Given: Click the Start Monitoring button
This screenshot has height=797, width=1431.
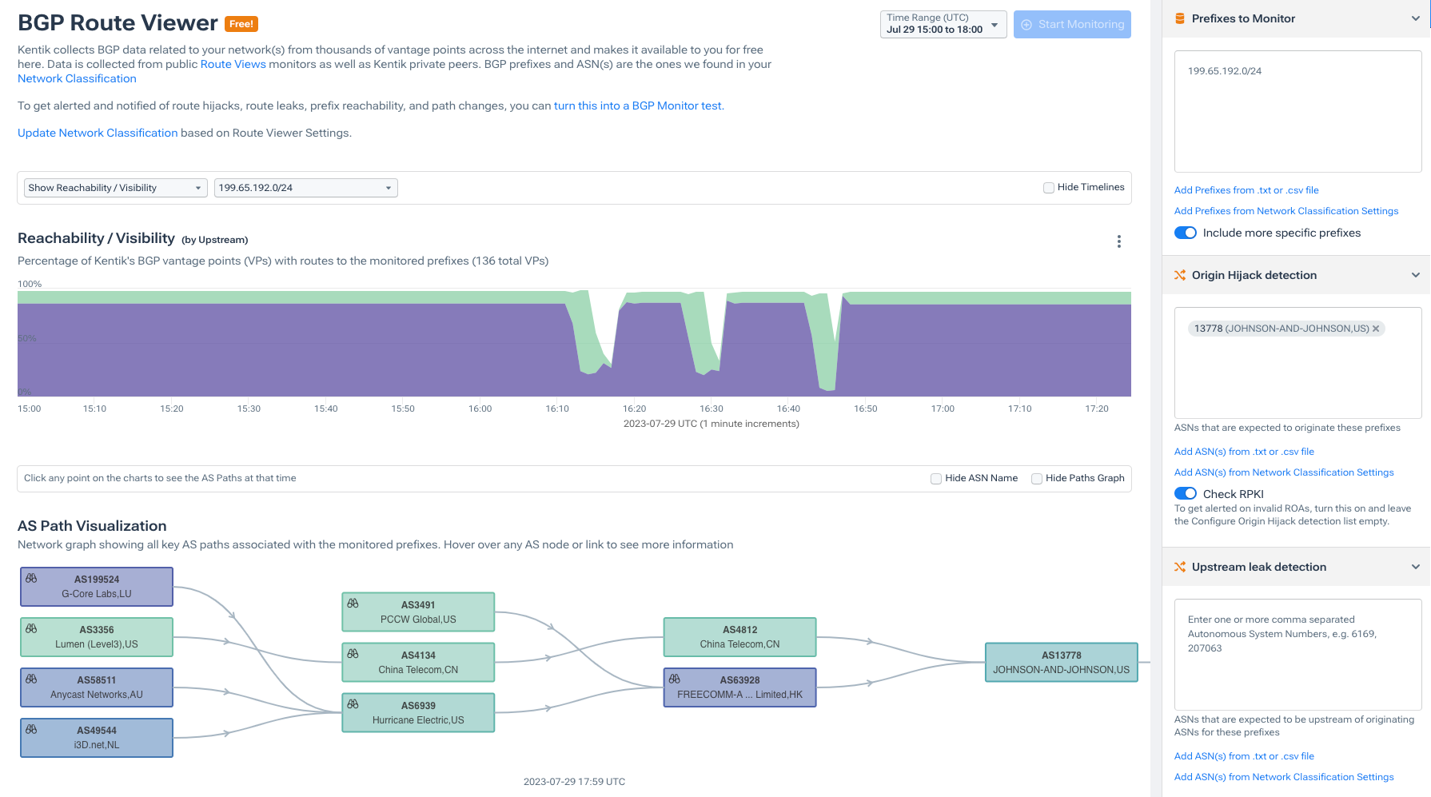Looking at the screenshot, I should [x=1072, y=25].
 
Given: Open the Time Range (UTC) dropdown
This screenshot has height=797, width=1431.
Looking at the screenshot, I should [x=943, y=24].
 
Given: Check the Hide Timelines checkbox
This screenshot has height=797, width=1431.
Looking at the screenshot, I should [x=1049, y=188].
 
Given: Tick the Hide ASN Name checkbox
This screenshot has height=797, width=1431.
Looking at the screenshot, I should [x=936, y=479].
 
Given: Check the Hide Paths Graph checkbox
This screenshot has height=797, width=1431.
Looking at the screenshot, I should [x=1037, y=479].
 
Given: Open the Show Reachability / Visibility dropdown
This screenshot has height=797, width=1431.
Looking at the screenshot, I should [x=115, y=188].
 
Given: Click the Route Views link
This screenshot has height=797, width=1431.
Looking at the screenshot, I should [x=233, y=65].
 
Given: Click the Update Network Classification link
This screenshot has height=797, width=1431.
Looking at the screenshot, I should [x=98, y=133].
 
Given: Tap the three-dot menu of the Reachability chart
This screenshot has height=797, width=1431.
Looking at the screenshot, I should [x=1119, y=241].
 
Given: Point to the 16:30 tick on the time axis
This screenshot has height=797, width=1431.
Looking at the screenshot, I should [x=712, y=408].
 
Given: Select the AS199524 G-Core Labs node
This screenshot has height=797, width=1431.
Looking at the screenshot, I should [x=97, y=587].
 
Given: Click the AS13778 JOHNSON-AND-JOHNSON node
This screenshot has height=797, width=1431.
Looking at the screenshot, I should [x=1061, y=663].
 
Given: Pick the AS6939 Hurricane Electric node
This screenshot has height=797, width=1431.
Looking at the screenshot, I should [x=418, y=713].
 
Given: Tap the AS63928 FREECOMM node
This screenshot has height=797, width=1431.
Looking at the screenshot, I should [x=739, y=687].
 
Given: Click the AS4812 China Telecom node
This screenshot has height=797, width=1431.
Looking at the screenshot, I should [x=739, y=637].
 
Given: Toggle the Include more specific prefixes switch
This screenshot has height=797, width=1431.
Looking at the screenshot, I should [x=1186, y=233].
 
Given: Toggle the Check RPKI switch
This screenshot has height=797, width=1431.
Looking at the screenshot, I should [x=1186, y=494].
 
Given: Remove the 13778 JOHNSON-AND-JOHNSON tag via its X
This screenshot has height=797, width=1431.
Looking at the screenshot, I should [x=1376, y=329].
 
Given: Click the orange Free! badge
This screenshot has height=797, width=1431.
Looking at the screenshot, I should [x=241, y=24].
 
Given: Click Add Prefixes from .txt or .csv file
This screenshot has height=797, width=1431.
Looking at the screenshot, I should [x=1246, y=190].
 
